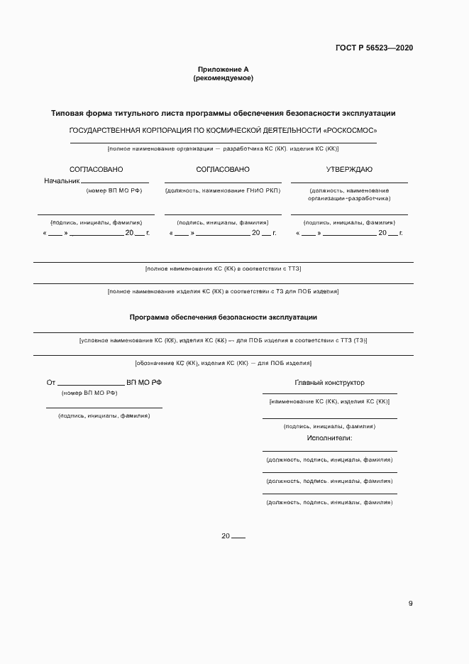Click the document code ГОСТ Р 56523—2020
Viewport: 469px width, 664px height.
[374, 48]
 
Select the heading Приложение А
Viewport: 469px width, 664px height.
[223, 70]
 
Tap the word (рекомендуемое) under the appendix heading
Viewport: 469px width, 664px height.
[223, 78]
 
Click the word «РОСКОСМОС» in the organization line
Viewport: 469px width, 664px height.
[350, 131]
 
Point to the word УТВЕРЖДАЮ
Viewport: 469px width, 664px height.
[349, 170]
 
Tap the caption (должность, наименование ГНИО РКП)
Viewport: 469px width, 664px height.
[223, 191]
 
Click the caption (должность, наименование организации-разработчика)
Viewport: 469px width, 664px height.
[349, 195]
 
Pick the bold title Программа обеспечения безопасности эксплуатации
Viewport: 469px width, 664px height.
[223, 317]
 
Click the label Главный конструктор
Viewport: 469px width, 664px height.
[329, 383]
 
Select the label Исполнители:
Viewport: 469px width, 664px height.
[329, 438]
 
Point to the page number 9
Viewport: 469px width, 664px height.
[410, 604]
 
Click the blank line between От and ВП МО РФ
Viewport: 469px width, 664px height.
[91, 383]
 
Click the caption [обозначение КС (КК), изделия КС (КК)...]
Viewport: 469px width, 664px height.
[223, 363]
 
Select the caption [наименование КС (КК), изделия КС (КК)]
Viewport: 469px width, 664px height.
[329, 402]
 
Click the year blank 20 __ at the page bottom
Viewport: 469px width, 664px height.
[233, 536]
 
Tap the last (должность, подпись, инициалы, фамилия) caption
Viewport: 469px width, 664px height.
[329, 502]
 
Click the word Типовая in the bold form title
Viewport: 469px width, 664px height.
[68, 114]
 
